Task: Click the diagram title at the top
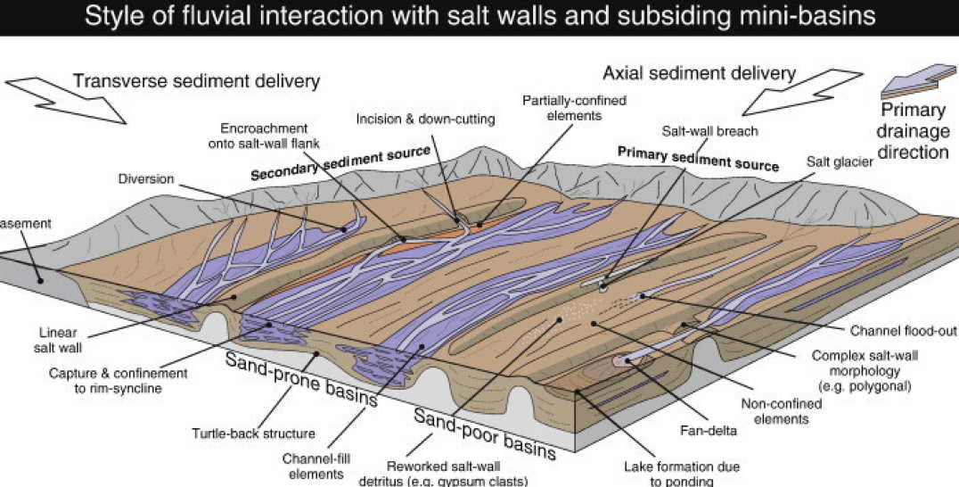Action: (x=479, y=17)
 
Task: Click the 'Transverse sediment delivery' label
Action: (x=196, y=81)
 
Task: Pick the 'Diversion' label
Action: (x=144, y=177)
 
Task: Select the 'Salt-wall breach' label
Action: (x=709, y=131)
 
